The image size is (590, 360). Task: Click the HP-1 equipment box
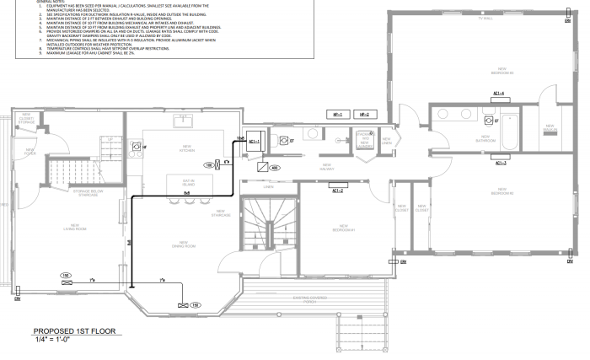pyautogui.click(x=339, y=113)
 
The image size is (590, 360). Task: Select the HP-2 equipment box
pyautogui.click(x=364, y=113)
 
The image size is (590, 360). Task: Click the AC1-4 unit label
pyautogui.click(x=498, y=93)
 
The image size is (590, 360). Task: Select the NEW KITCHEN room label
pyautogui.click(x=186, y=148)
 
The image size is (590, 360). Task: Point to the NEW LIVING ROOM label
pyautogui.click(x=75, y=227)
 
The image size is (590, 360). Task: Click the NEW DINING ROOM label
pyautogui.click(x=184, y=246)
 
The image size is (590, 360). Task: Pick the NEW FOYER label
pyautogui.click(x=30, y=153)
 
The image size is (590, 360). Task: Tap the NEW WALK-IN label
pyautogui.click(x=550, y=128)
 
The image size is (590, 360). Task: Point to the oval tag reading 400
pyautogui.click(x=275, y=168)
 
